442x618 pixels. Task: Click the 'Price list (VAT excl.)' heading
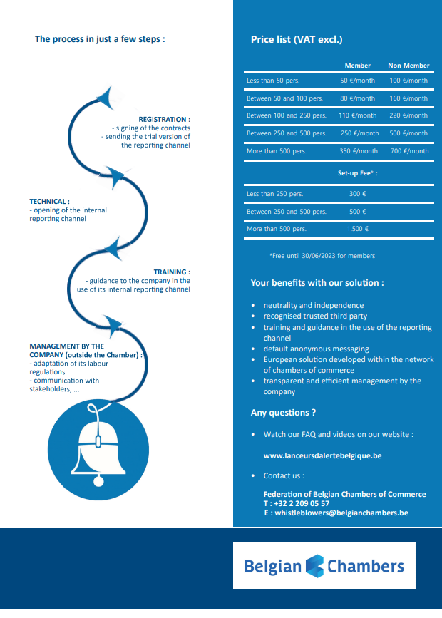click(297, 39)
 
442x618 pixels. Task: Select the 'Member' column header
click(358, 66)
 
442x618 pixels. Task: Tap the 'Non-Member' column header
click(408, 66)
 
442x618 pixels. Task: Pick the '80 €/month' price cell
click(358, 98)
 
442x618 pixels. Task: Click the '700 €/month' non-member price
click(410, 151)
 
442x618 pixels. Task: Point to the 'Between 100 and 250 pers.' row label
click(287, 115)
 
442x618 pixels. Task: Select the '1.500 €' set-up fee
click(358, 229)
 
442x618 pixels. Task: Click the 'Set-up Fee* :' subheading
click(358, 173)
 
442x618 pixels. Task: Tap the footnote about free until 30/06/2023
click(322, 256)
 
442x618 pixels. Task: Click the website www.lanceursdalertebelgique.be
click(322, 455)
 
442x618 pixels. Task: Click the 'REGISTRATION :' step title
click(165, 120)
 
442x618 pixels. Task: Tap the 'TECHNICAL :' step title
click(49, 202)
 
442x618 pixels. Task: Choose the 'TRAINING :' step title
click(172, 272)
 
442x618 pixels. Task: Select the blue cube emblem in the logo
click(314, 566)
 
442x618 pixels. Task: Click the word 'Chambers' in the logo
click(366, 567)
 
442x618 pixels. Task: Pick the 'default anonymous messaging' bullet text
click(317, 349)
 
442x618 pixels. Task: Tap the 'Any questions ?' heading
click(283, 413)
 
